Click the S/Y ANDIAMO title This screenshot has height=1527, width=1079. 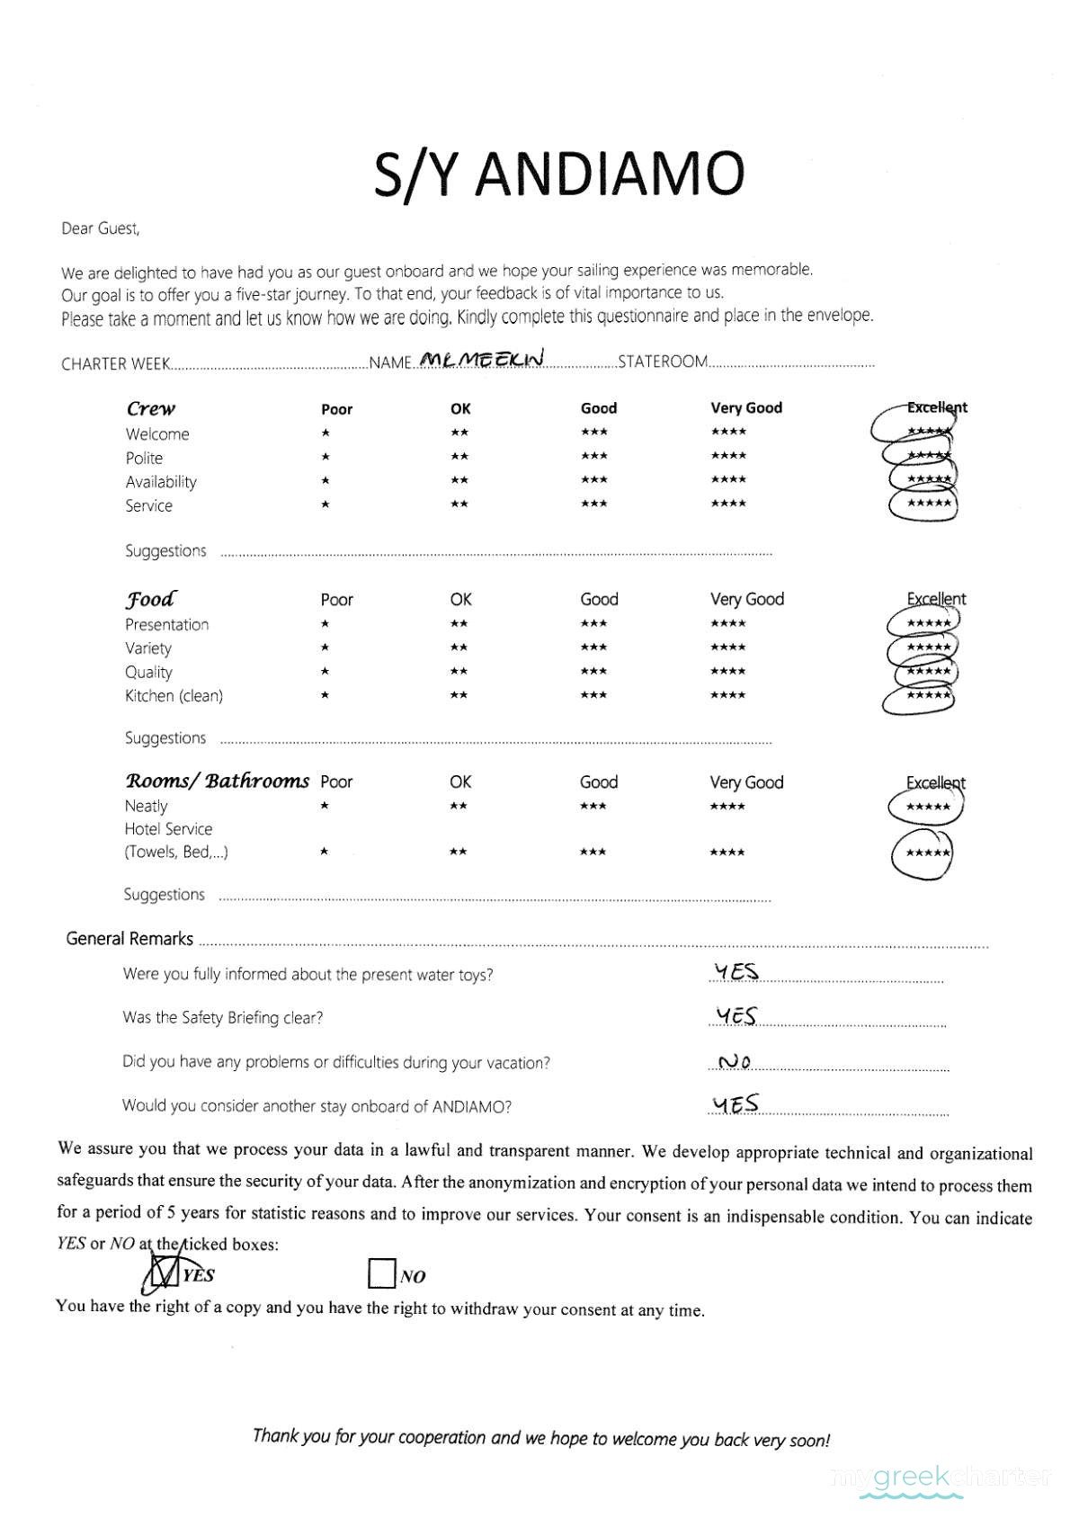558,174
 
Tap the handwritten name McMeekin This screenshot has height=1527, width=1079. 483,359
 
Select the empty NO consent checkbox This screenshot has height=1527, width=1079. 382,1274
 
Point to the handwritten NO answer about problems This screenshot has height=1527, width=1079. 736,1062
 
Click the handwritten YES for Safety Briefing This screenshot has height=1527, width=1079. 736,1016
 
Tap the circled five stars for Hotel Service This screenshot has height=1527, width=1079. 927,853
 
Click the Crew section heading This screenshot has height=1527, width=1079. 151,408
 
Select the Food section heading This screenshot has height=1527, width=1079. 150,599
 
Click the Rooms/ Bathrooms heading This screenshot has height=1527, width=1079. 217,781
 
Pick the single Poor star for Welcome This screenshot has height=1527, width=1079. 325,433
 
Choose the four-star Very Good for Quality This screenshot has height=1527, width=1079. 727,671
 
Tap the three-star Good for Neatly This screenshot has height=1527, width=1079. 593,806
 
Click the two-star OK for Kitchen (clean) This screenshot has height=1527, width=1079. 459,695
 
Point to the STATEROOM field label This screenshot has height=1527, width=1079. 663,362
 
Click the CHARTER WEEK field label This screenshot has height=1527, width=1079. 115,364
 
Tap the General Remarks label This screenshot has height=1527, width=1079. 129,939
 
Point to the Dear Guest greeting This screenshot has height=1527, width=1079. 101,228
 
